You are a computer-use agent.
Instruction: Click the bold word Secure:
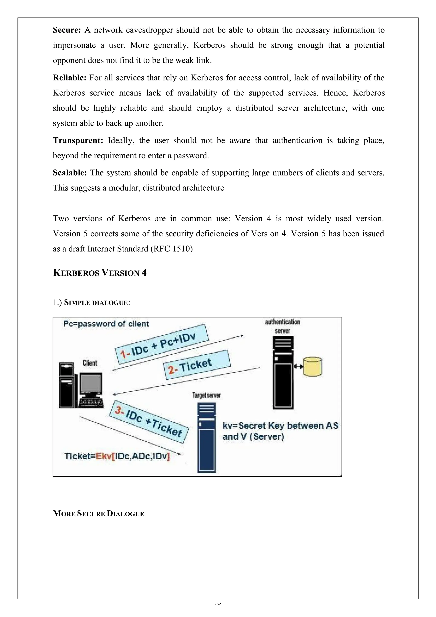point(67,30)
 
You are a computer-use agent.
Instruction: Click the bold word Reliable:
point(69,78)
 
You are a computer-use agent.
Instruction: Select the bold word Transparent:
point(78,140)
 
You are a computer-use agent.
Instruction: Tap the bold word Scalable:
point(70,173)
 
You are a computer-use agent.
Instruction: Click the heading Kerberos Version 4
point(99,273)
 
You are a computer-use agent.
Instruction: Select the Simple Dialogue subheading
point(97,303)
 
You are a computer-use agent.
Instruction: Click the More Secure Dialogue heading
point(98,514)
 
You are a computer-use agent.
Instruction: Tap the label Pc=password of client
point(106,324)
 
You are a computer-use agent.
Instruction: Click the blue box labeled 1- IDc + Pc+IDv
point(161,344)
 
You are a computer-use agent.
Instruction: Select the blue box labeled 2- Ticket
point(197,365)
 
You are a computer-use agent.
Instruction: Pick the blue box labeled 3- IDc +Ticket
point(149,422)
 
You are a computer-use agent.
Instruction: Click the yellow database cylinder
point(313,367)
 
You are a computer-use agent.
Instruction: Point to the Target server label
point(206,395)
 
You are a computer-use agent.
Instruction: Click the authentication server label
point(283,326)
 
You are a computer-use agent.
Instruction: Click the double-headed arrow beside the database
point(298,367)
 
